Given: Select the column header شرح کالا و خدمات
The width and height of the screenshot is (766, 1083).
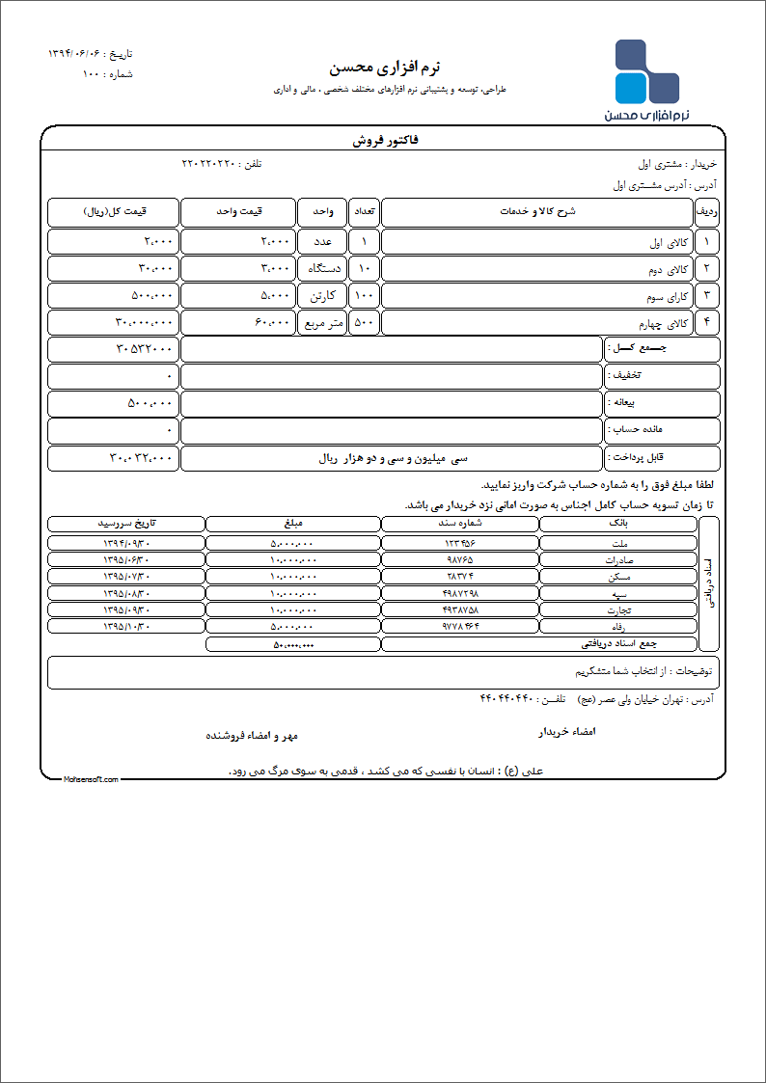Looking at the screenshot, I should pyautogui.click(x=536, y=211).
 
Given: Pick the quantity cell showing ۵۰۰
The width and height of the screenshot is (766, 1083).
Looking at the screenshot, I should pyautogui.click(x=364, y=322).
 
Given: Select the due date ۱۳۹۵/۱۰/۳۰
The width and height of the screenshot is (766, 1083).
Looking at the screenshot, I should pyautogui.click(x=126, y=627).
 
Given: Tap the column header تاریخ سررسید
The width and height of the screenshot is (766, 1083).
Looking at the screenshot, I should pyautogui.click(x=126, y=524).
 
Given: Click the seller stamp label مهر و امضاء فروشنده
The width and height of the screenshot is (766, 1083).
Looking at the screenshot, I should pyautogui.click(x=252, y=736).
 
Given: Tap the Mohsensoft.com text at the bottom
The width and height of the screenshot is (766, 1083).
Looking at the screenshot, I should pyautogui.click(x=91, y=779).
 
